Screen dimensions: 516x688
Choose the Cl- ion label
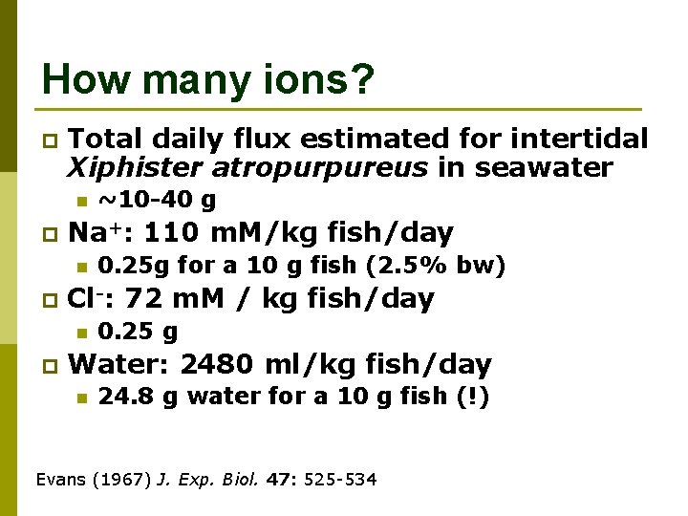click(x=94, y=298)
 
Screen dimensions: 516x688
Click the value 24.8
click(x=126, y=397)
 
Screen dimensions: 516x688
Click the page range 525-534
click(x=340, y=477)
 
